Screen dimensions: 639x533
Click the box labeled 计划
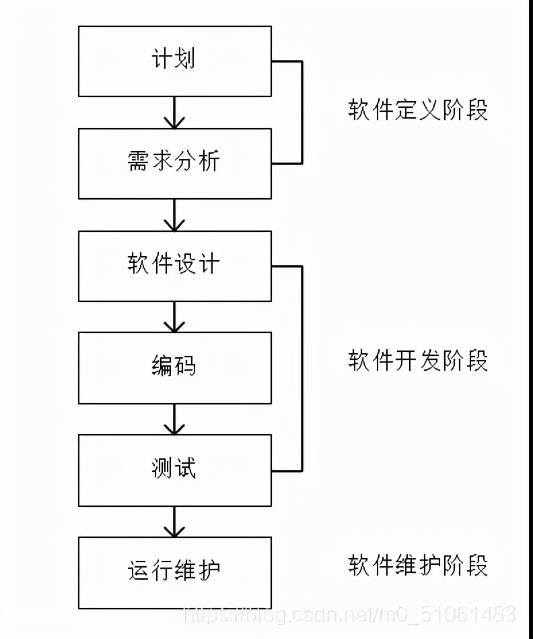point(175,61)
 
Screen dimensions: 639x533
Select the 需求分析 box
point(175,164)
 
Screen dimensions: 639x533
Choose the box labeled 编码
point(175,368)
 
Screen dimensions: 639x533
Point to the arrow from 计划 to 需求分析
point(175,113)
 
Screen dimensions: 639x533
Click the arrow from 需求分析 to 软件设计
point(175,215)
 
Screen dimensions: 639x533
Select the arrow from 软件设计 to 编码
point(175,317)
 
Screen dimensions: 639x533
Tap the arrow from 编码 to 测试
point(175,419)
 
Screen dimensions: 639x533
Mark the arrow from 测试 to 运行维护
point(175,522)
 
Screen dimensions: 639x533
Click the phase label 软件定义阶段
point(418,110)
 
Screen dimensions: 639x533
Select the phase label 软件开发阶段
point(418,361)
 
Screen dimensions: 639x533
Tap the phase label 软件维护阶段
point(418,566)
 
